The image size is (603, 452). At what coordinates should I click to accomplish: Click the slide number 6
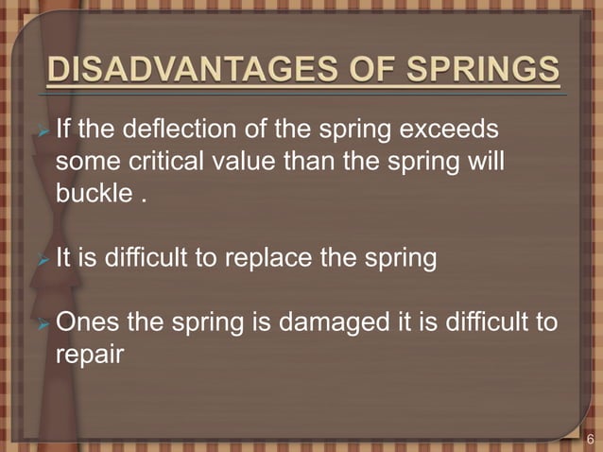pos(591,439)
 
